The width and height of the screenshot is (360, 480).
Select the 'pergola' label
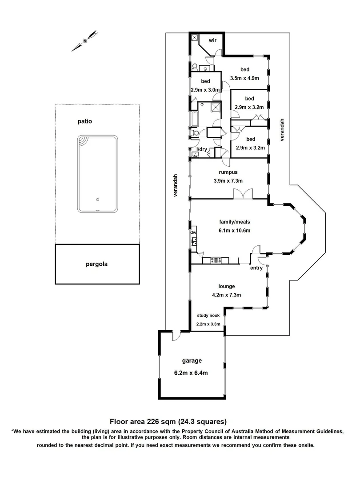pyautogui.click(x=96, y=264)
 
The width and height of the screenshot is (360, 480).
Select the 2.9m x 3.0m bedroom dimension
pyautogui.click(x=205, y=89)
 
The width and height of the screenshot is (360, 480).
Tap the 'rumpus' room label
pyautogui.click(x=227, y=172)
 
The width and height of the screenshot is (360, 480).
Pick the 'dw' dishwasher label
pyautogui.click(x=193, y=232)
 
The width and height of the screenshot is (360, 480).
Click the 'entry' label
pyautogui.click(x=256, y=268)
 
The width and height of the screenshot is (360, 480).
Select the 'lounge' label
pyautogui.click(x=226, y=286)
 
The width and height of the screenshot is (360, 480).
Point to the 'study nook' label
pyautogui.click(x=208, y=316)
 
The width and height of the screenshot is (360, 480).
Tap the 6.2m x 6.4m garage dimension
pyautogui.click(x=191, y=373)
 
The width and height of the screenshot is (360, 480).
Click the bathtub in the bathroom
pyautogui.click(x=195, y=120)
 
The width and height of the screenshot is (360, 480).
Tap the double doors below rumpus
pyautogui.click(x=243, y=194)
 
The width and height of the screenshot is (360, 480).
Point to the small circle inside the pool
pyautogui.click(x=98, y=200)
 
